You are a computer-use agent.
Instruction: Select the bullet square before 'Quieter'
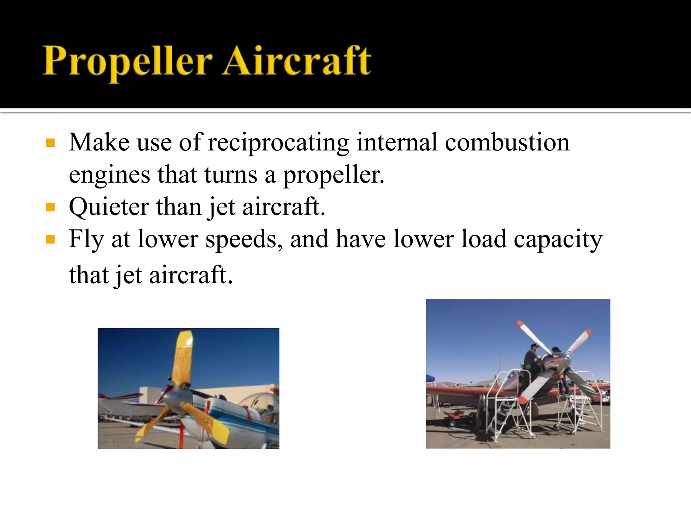click(x=50, y=207)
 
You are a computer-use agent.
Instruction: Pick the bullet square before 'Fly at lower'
click(x=50, y=239)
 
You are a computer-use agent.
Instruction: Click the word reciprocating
click(x=278, y=143)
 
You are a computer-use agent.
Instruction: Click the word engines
click(x=109, y=175)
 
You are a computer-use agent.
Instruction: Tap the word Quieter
click(x=109, y=207)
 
